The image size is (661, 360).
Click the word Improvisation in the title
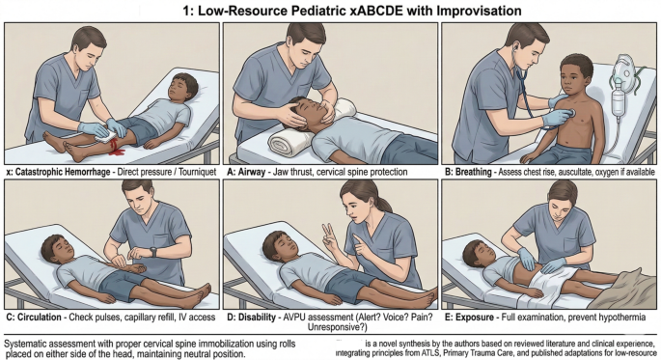tap(479, 10)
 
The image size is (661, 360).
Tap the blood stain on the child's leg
tap(117, 149)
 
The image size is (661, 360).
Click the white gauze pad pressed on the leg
tap(105, 135)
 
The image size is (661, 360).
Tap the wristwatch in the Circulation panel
tap(153, 252)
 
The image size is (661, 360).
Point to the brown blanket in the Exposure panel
tap(626, 291)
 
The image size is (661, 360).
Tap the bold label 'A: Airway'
tap(246, 172)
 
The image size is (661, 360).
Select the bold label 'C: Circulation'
tap(34, 317)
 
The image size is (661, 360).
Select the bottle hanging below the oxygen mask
tap(618, 100)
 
